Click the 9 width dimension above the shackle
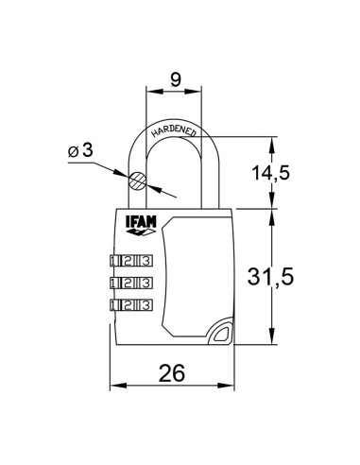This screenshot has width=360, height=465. pyautogui.click(x=174, y=80)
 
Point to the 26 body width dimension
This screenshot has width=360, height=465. pyautogui.click(x=172, y=374)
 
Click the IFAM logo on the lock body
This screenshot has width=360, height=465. pyautogui.click(x=137, y=225)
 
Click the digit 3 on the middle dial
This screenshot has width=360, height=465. pyautogui.click(x=144, y=283)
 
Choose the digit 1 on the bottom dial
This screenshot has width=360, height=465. pyautogui.click(x=115, y=304)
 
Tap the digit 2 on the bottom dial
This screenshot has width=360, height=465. pyautogui.click(x=129, y=304)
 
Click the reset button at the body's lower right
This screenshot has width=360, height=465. pyautogui.click(x=220, y=332)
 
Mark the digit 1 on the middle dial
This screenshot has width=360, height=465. pyautogui.click(x=115, y=283)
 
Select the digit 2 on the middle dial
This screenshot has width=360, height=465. pyautogui.click(x=129, y=283)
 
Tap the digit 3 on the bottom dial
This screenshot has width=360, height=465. pyautogui.click(x=144, y=304)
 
